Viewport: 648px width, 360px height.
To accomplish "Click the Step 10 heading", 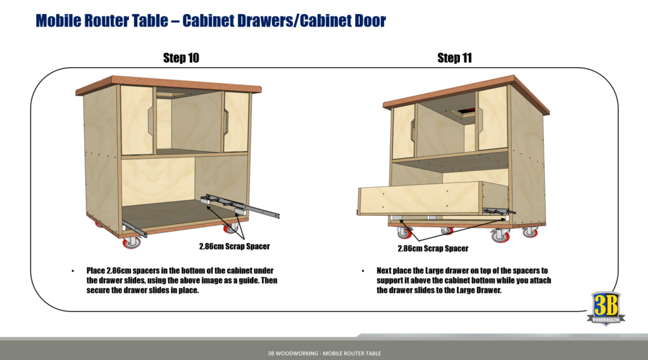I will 181,58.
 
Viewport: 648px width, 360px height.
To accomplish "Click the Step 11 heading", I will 454,58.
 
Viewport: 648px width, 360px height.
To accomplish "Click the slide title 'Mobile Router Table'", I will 104,21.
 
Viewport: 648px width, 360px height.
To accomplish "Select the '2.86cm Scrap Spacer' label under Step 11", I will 433,249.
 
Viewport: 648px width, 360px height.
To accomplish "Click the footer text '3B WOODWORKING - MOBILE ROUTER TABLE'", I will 324,353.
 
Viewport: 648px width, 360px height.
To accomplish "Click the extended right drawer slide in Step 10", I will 247,205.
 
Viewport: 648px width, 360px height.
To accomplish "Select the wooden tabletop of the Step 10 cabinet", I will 168,84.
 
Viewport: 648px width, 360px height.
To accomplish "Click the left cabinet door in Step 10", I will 137,120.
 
